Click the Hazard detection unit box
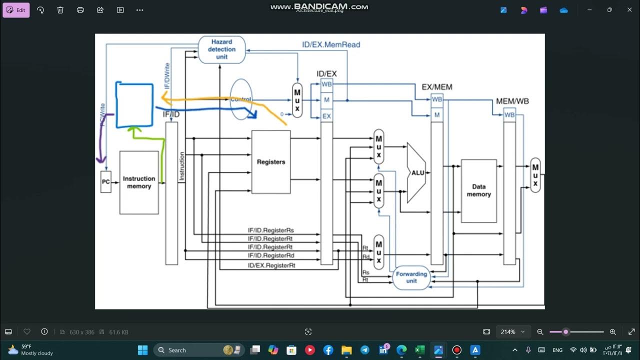click(x=221, y=49)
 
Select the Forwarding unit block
click(x=411, y=277)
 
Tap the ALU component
click(x=416, y=173)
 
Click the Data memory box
click(x=478, y=190)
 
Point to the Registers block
click(x=270, y=162)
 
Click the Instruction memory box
click(x=139, y=182)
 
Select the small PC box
click(x=106, y=182)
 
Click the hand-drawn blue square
click(x=134, y=105)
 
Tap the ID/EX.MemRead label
click(x=330, y=44)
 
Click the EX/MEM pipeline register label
click(x=436, y=87)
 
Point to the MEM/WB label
click(x=512, y=101)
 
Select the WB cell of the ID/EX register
click(x=326, y=84)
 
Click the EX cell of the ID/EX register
click(x=326, y=116)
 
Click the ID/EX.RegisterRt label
click(x=271, y=265)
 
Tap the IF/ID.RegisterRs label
click(x=270, y=230)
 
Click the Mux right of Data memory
click(x=535, y=175)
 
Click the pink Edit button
click(x=16, y=10)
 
